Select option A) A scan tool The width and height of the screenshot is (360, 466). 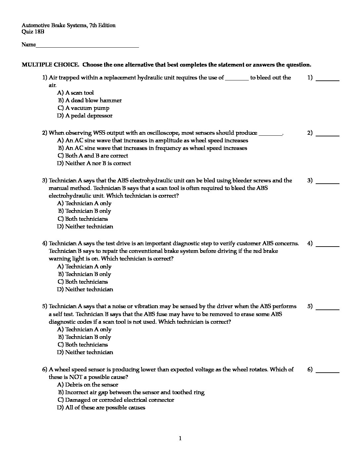pyautogui.click(x=75, y=93)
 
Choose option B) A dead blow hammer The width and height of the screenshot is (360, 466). pyautogui.click(x=90, y=100)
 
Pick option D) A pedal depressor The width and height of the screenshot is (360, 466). pyautogui.click(x=85, y=116)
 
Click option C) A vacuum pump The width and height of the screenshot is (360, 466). pyautogui.click(x=83, y=108)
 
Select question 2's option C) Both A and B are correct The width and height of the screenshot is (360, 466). pyautogui.click(x=93, y=156)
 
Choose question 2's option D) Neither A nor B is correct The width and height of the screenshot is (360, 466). pyautogui.click(x=94, y=163)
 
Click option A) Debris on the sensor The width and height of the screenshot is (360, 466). pyautogui.click(x=88, y=385)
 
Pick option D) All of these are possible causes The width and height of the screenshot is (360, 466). pyautogui.click(x=101, y=407)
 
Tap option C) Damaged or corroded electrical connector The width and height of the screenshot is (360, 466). pyautogui.click(x=116, y=400)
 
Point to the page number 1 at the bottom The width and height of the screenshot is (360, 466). pyautogui.click(x=180, y=439)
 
